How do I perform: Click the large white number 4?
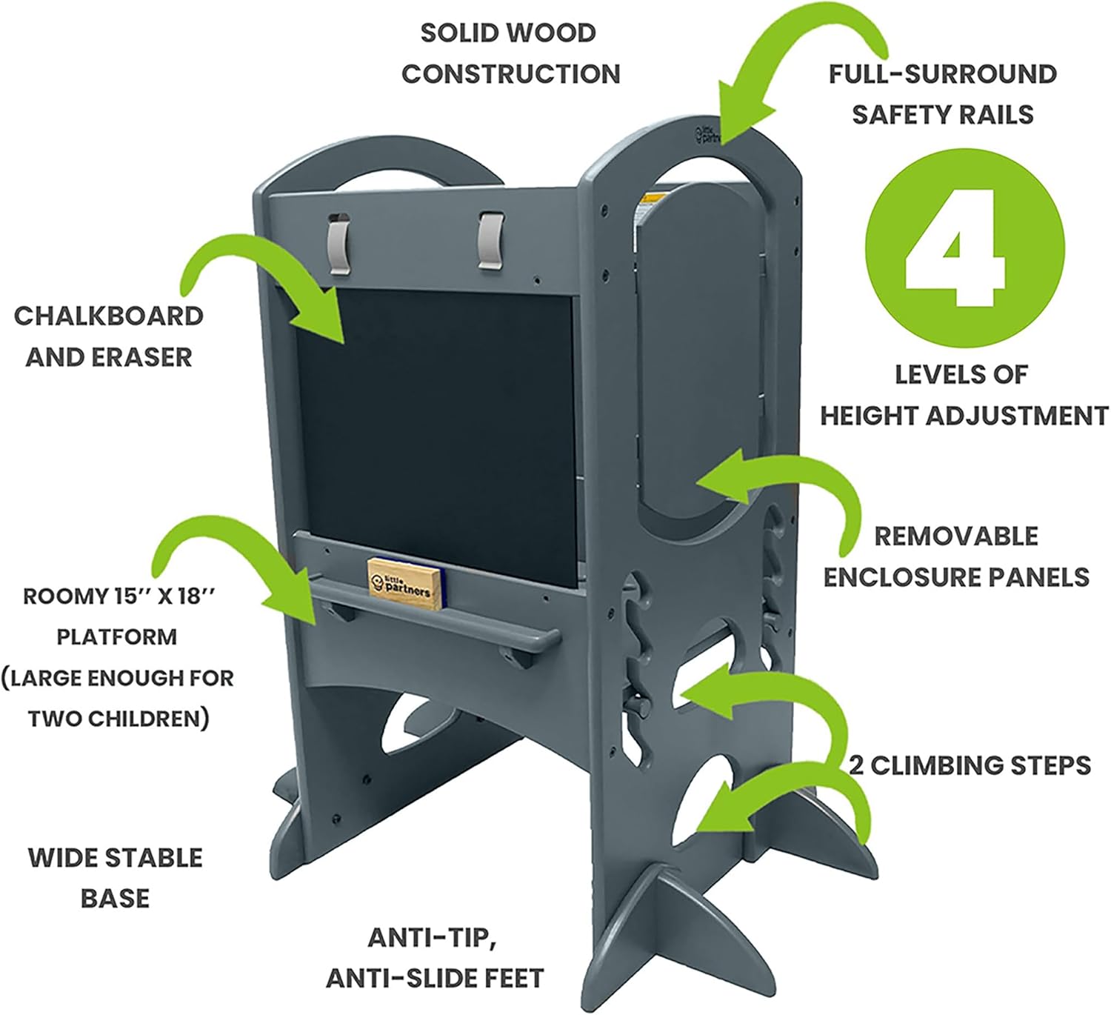click(955, 247)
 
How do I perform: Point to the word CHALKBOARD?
click(108, 316)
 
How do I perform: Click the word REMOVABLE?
click(956, 536)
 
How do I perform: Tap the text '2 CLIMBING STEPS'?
click(970, 765)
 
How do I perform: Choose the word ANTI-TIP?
click(432, 938)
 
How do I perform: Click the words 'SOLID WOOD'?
click(508, 33)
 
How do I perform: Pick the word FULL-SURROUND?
click(942, 74)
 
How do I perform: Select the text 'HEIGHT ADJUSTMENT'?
click(964, 416)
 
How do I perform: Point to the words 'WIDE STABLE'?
click(116, 858)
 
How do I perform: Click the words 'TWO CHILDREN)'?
click(119, 719)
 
